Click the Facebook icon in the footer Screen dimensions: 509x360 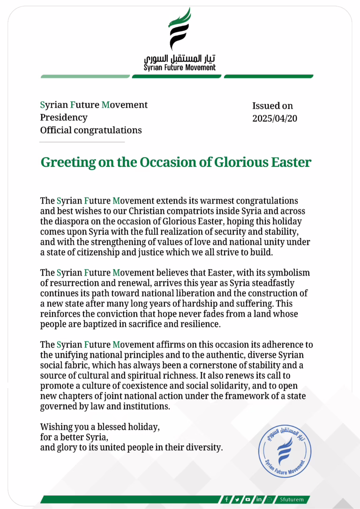coord(226,500)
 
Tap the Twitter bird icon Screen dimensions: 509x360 coord(237,500)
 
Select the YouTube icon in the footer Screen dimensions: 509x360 coord(247,500)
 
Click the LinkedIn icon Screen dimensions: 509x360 coord(259,500)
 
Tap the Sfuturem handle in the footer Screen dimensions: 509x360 coord(292,500)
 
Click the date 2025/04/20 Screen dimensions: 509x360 coord(275,119)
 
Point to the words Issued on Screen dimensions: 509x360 coord(272,106)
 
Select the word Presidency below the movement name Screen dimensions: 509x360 coord(64,117)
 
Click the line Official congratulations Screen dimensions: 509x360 coord(91,130)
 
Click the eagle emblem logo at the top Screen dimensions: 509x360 coord(180,30)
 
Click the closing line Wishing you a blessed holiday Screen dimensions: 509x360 coord(100,427)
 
